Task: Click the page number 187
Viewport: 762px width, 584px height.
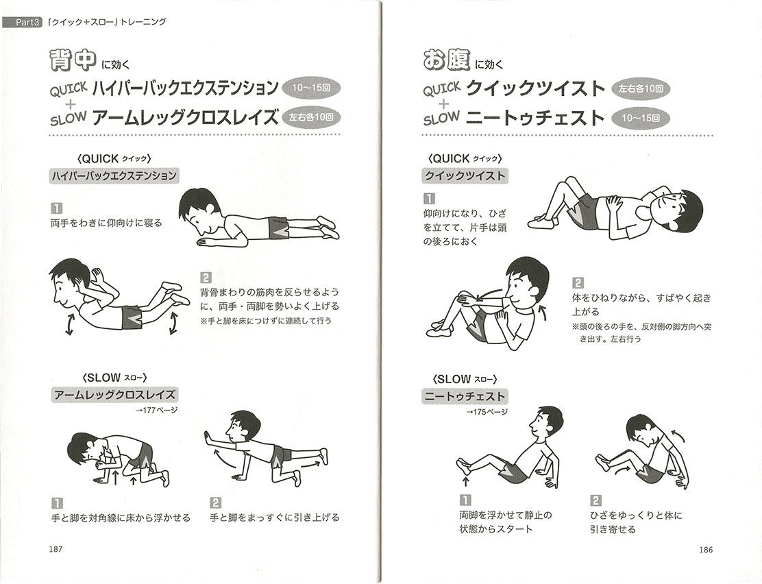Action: (x=56, y=549)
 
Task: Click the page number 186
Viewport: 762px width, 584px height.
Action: (x=706, y=550)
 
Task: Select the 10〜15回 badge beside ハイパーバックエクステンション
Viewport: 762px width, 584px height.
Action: (x=311, y=88)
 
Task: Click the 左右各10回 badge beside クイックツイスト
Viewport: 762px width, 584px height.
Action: (x=641, y=89)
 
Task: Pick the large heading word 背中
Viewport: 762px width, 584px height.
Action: (x=73, y=60)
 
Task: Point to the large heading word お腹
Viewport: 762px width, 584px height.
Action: (x=446, y=60)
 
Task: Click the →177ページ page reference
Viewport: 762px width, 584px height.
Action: (x=157, y=410)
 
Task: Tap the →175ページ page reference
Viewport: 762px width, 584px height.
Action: (x=487, y=411)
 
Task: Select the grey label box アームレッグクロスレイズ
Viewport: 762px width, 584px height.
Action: (x=114, y=394)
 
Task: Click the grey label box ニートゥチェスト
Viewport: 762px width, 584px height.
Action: (x=465, y=396)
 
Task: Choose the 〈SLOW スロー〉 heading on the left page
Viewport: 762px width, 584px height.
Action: (x=114, y=378)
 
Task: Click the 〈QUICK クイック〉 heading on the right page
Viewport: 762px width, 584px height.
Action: (x=465, y=158)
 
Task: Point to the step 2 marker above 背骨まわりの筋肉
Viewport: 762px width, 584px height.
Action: (x=206, y=278)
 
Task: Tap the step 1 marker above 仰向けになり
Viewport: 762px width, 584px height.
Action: (x=430, y=198)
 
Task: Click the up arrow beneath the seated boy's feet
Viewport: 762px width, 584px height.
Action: (x=465, y=481)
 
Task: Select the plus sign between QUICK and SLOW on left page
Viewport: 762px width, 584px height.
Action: (x=71, y=103)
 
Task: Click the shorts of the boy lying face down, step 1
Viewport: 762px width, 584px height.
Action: (x=278, y=228)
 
